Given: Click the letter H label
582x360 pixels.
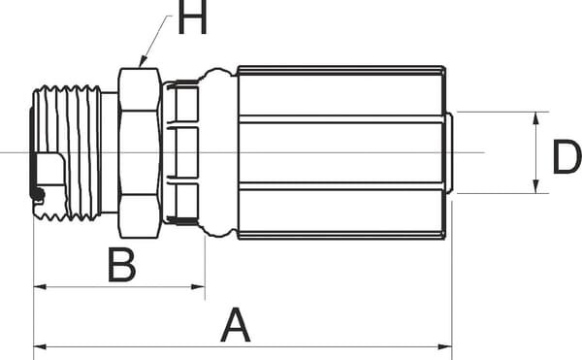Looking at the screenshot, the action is click(x=192, y=17).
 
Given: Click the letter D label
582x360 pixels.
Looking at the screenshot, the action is click(x=567, y=156).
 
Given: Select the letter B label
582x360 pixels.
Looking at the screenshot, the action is click(x=122, y=265).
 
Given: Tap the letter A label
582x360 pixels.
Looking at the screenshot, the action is click(x=236, y=325).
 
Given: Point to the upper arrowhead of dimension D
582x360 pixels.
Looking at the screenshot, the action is click(x=535, y=118).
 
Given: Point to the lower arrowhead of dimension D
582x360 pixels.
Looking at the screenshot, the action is click(x=535, y=186).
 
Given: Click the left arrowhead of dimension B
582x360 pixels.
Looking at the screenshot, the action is click(x=40, y=286).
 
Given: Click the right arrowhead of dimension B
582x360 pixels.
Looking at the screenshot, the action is click(x=198, y=286).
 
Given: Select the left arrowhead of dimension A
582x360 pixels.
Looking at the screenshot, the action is click(x=40, y=347).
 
